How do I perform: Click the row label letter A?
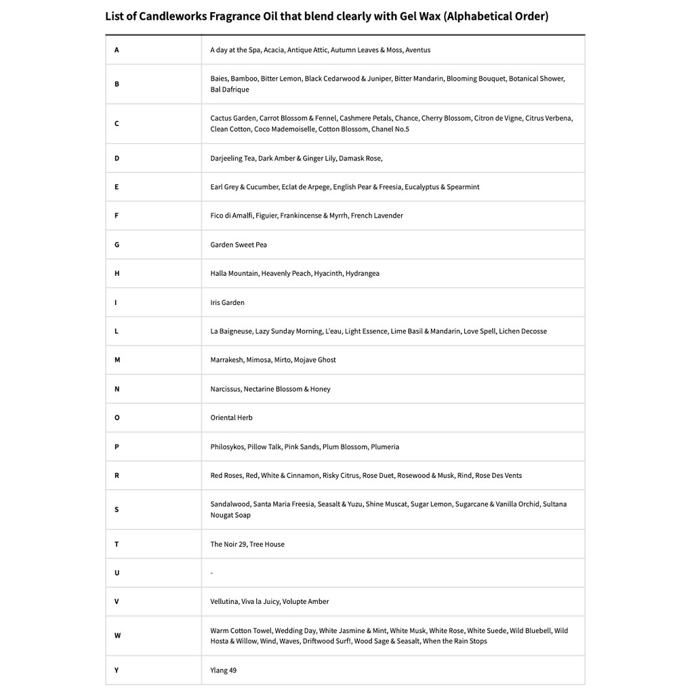click(117, 50)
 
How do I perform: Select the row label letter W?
click(117, 636)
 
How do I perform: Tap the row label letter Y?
click(117, 670)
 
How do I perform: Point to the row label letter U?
click(117, 573)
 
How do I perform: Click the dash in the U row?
click(211, 573)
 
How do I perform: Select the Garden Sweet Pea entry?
click(239, 245)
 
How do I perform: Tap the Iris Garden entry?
click(227, 302)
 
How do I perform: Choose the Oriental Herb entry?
click(231, 417)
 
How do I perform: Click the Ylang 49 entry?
click(223, 670)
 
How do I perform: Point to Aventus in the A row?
click(417, 50)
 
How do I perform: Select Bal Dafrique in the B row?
click(230, 89)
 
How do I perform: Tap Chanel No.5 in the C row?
click(390, 129)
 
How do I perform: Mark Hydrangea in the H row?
click(363, 274)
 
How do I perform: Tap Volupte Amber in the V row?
click(306, 602)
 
